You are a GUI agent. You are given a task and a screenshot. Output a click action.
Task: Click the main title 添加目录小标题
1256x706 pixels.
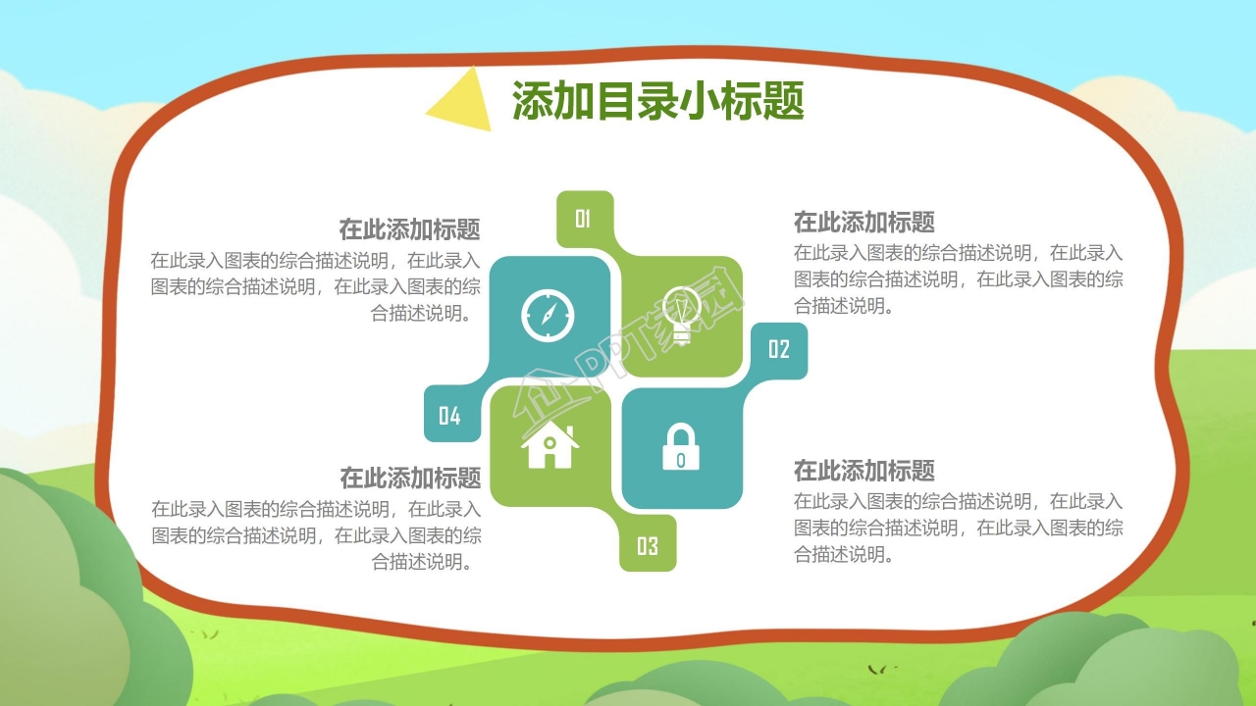point(658,101)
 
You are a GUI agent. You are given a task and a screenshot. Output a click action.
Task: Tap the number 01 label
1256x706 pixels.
point(583,219)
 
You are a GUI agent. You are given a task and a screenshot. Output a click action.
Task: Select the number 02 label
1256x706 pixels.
point(779,349)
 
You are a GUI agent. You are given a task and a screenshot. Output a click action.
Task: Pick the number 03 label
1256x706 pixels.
point(647,546)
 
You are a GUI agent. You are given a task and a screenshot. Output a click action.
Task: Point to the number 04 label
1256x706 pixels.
point(449,416)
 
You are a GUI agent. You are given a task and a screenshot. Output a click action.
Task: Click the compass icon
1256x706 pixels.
point(548,316)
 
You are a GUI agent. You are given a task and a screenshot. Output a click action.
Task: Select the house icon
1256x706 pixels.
point(549,444)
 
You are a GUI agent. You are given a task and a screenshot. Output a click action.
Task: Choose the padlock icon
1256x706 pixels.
point(681,446)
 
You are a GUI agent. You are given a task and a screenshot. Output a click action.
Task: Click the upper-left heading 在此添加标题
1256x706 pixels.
point(409,229)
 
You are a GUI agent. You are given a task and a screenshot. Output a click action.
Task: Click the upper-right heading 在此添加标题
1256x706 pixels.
point(864,222)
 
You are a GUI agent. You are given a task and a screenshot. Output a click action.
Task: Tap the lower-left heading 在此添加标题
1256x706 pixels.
point(410,478)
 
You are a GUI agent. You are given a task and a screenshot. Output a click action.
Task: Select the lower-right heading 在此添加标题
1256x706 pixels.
point(864,471)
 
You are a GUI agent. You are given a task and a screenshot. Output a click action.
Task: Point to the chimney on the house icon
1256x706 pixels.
point(570,433)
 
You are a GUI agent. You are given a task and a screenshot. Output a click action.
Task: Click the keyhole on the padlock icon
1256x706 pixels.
point(681,461)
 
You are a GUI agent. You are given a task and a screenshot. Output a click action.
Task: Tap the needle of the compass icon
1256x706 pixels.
point(549,315)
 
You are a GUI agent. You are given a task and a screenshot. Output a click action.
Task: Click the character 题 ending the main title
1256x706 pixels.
point(784,101)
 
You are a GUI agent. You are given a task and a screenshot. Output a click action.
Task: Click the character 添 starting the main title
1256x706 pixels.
point(533,101)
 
